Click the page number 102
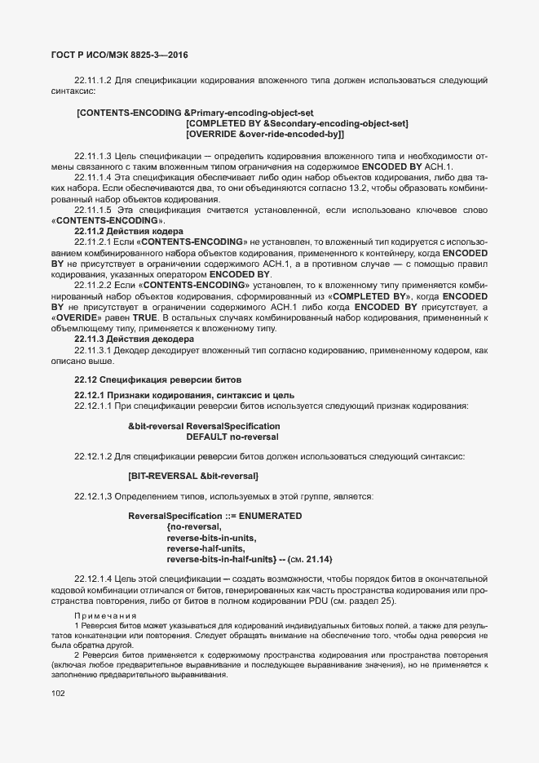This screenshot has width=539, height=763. click(58, 694)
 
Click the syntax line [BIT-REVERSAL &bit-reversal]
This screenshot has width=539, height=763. click(193, 475)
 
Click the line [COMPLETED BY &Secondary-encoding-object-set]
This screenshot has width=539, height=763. click(297, 122)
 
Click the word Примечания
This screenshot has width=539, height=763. click(105, 614)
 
